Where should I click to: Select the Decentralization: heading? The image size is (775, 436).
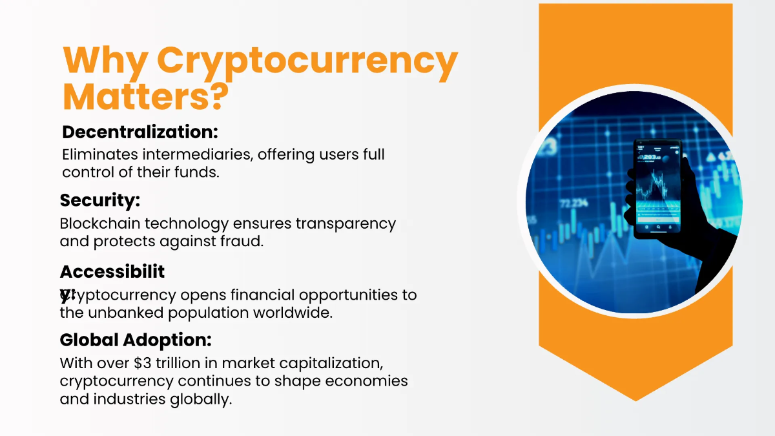[139, 132]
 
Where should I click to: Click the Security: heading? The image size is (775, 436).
[100, 201]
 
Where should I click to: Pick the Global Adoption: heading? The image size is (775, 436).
[136, 340]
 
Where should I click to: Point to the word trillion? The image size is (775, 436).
[179, 363]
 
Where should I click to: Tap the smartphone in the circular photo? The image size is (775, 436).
[657, 188]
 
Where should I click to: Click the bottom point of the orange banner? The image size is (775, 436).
[635, 400]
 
